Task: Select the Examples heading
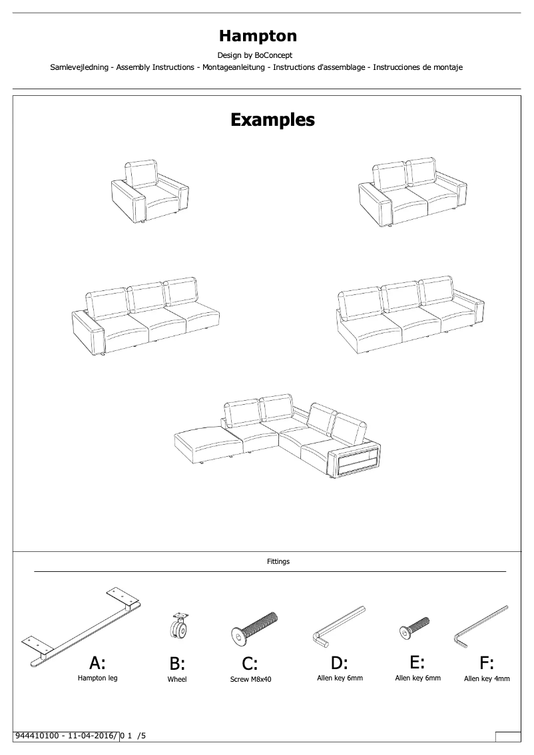click(x=272, y=120)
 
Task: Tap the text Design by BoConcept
click(x=255, y=55)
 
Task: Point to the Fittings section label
click(x=278, y=561)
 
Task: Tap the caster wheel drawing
click(x=178, y=627)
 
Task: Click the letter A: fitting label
click(x=97, y=662)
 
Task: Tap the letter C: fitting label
click(x=250, y=664)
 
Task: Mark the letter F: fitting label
click(x=487, y=663)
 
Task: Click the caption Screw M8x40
click(x=251, y=680)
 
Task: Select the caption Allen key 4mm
click(x=487, y=679)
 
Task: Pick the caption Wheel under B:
click(x=177, y=680)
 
